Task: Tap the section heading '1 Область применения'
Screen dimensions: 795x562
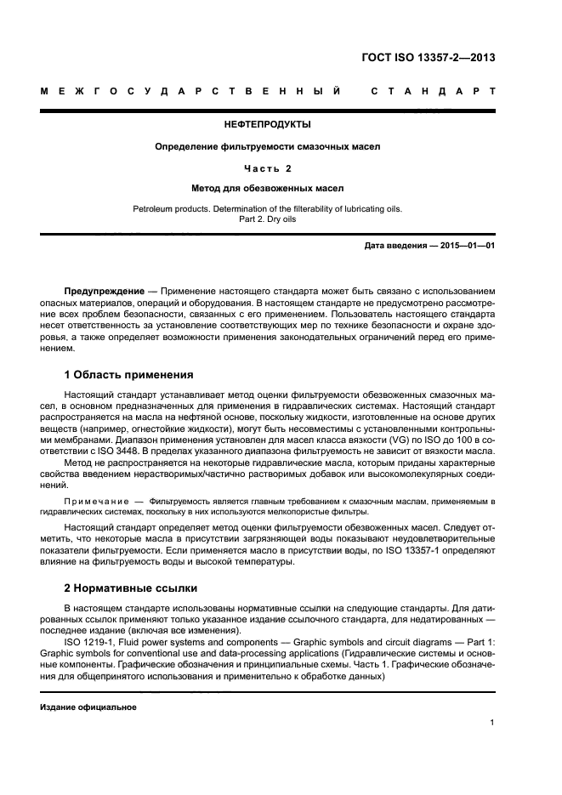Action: pos(128,374)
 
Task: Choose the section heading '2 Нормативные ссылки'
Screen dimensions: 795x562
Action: pos(130,588)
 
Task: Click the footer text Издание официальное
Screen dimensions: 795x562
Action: pos(88,707)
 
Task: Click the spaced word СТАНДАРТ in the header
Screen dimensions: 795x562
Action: pos(433,90)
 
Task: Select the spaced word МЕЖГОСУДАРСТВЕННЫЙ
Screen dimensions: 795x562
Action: pos(191,90)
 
